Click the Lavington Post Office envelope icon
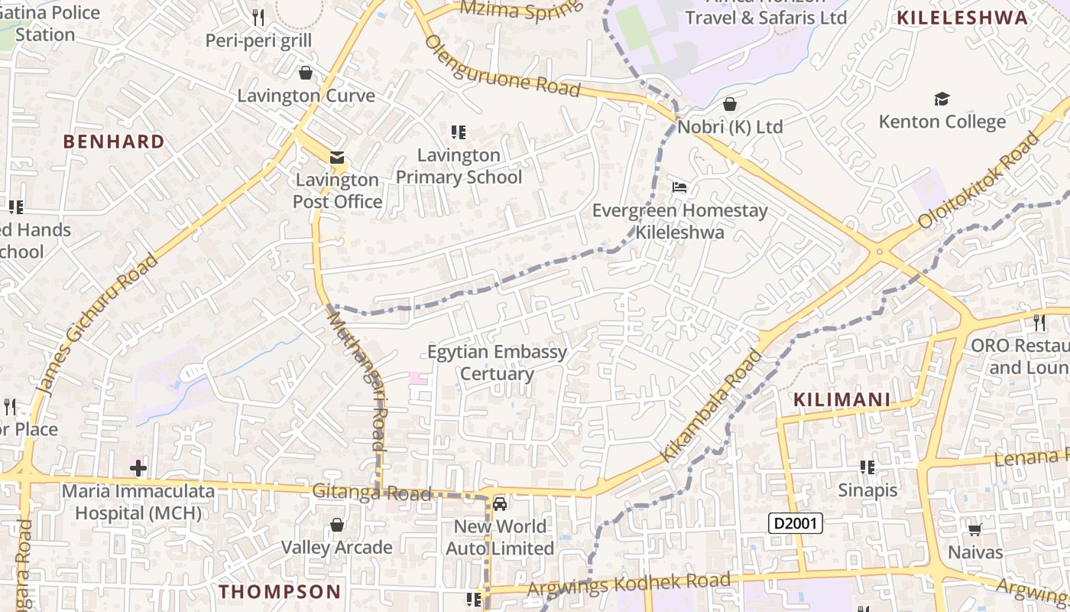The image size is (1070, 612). pyautogui.click(x=336, y=158)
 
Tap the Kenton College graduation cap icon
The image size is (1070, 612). pyautogui.click(x=942, y=99)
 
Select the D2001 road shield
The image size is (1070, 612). pyautogui.click(x=795, y=523)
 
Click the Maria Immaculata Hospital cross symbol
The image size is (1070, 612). pyautogui.click(x=138, y=467)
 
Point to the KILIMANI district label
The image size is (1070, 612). pyautogui.click(x=841, y=399)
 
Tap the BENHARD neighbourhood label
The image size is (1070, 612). pyautogui.click(x=113, y=142)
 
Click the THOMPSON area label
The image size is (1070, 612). pyautogui.click(x=280, y=591)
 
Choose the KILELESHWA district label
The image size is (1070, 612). pyautogui.click(x=962, y=18)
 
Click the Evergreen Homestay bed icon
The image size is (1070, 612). pyautogui.click(x=679, y=187)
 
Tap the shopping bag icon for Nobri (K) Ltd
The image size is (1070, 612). pyautogui.click(x=730, y=103)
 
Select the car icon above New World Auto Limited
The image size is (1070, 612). pyautogui.click(x=500, y=503)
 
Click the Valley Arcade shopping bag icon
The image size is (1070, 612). pyautogui.click(x=336, y=525)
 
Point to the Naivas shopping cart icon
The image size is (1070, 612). pyautogui.click(x=974, y=529)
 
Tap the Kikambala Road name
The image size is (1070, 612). pyautogui.click(x=712, y=405)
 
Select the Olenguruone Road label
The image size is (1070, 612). pyautogui.click(x=502, y=65)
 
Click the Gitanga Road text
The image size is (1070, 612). pyautogui.click(x=371, y=493)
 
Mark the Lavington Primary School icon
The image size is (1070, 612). pyautogui.click(x=459, y=132)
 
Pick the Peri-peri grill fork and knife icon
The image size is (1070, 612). pyautogui.click(x=258, y=17)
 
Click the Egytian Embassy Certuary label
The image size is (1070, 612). pyautogui.click(x=497, y=363)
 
